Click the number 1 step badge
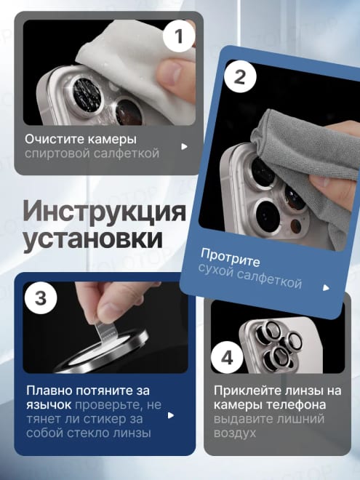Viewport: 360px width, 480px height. point(179,36)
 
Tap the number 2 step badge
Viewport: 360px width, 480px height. point(240,77)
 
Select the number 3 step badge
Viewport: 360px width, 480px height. point(41,297)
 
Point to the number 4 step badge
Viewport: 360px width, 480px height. point(227,357)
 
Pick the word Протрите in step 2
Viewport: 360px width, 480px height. point(231,257)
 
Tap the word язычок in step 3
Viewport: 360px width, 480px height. point(49,405)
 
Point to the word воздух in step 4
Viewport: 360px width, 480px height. point(234,433)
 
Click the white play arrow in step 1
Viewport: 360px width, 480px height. point(184,147)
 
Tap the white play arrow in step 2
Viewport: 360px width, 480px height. point(326,288)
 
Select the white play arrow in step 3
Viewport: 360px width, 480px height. point(170,415)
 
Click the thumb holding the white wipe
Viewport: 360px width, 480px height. point(176,79)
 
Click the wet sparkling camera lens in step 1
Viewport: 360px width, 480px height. point(87,92)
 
